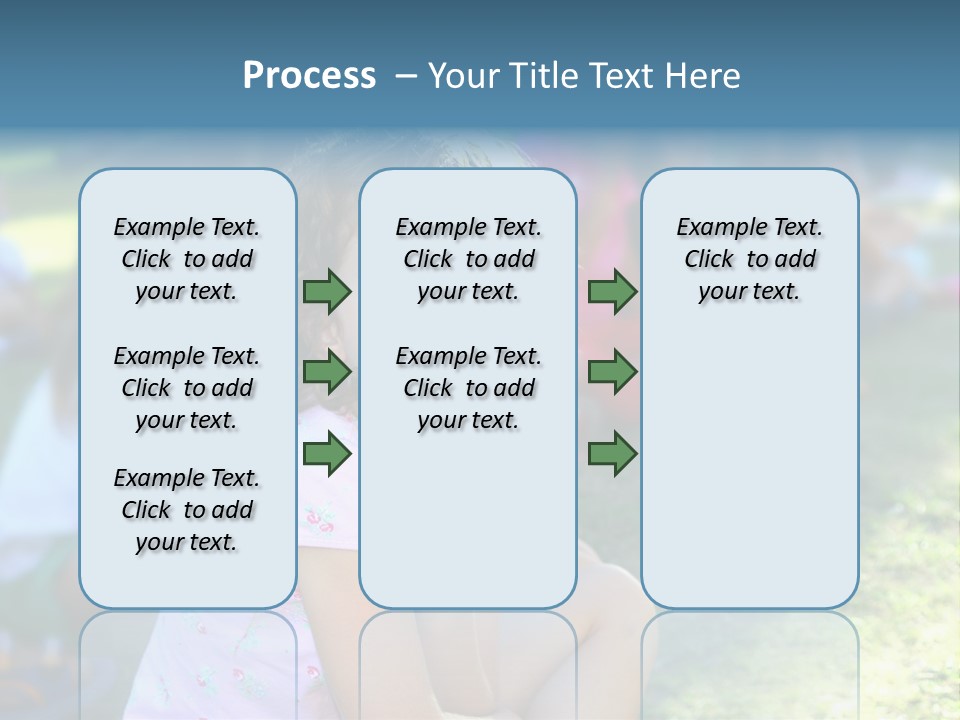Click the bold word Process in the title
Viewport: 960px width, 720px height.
tap(309, 76)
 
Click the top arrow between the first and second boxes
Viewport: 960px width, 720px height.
tap(327, 291)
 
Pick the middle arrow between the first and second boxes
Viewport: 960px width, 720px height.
tap(327, 372)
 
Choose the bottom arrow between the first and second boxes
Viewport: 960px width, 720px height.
tap(327, 454)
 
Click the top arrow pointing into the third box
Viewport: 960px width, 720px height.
tap(612, 291)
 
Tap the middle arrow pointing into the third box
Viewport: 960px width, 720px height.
tap(612, 372)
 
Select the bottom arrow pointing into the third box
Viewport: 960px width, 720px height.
tap(612, 454)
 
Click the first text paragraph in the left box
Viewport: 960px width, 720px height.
tap(187, 259)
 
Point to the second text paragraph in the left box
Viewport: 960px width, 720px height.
tap(187, 388)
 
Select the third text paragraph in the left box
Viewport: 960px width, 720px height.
tap(187, 510)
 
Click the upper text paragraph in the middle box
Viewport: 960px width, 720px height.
tap(468, 259)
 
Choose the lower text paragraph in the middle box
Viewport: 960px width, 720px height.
tap(468, 388)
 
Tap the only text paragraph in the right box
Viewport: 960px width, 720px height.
tap(749, 259)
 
